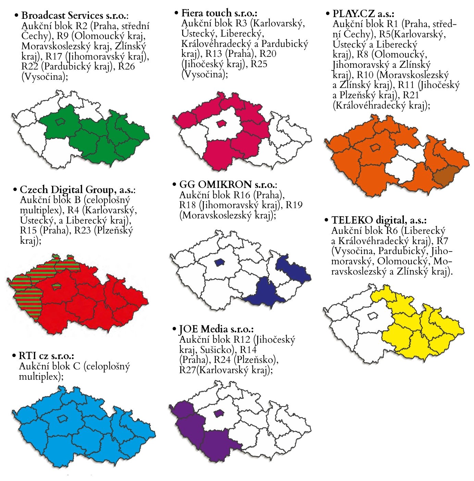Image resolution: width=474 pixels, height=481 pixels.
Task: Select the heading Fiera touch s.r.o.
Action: point(219,13)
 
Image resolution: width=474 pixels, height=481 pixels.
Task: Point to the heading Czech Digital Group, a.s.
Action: point(77,189)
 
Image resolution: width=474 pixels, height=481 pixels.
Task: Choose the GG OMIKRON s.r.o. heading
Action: point(228,185)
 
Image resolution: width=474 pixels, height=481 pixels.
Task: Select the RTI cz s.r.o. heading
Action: point(47,356)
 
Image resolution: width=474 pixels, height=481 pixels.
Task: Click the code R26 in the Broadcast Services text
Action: point(126,66)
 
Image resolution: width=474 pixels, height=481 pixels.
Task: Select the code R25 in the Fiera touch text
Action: point(259,64)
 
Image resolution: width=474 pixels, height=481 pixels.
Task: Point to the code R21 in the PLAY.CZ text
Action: point(411,95)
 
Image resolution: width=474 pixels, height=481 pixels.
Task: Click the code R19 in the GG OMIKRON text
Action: point(294,205)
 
